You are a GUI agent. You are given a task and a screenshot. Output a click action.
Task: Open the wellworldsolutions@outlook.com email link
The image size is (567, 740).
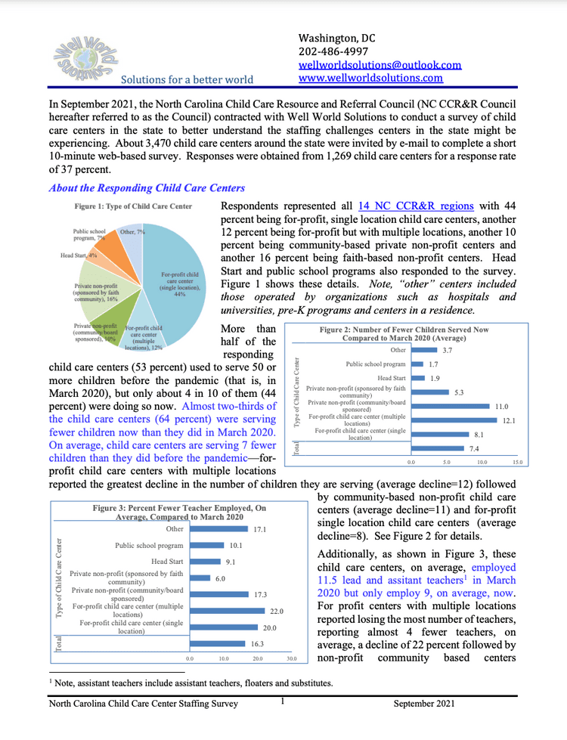click(x=380, y=65)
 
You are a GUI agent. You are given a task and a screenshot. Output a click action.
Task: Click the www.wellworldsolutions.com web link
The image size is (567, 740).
click(x=370, y=78)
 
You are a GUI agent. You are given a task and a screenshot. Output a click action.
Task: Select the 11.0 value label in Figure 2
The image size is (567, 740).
click(x=501, y=406)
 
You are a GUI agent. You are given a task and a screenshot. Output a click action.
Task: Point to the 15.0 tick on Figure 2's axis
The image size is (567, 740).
click(x=517, y=460)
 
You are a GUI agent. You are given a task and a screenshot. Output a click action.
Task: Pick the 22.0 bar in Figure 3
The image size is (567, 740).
click(x=226, y=610)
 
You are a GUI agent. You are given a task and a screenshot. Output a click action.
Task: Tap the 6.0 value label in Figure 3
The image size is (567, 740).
click(x=221, y=577)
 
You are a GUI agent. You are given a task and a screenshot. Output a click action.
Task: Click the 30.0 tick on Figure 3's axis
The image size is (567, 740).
click(x=291, y=658)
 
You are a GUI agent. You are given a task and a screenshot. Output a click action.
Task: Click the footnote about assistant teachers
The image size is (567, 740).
click(x=190, y=683)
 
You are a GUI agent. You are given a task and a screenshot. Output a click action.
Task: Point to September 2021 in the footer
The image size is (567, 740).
click(x=426, y=704)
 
